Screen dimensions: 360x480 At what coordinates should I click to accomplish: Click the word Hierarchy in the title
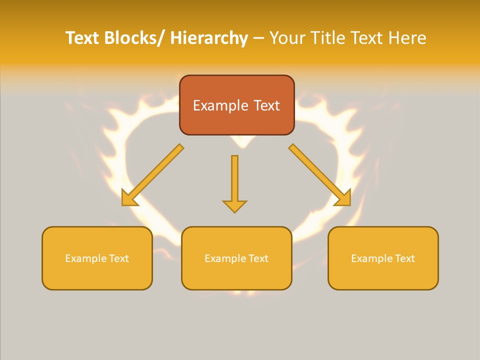209,38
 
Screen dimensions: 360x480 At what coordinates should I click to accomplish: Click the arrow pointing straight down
234,180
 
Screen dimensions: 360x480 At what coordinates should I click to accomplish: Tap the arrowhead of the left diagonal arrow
129,198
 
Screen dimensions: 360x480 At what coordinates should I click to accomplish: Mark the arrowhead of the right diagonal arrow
343,198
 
